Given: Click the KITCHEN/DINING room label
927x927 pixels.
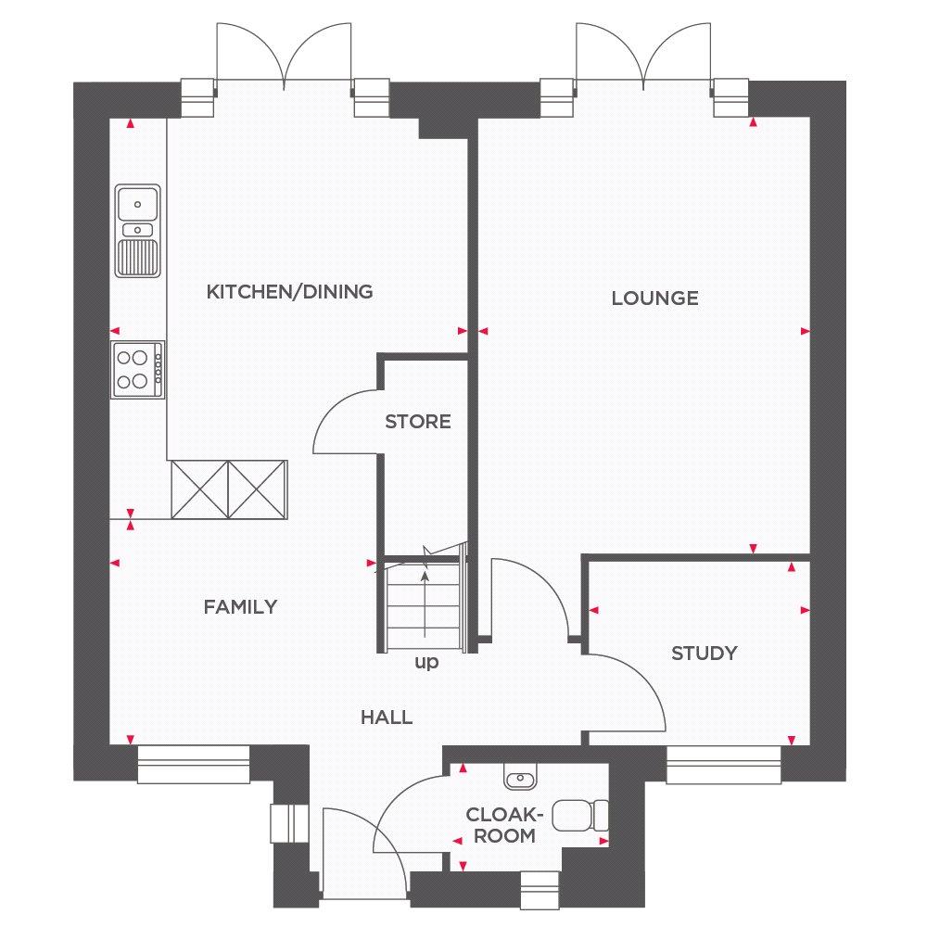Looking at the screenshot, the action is (x=289, y=291).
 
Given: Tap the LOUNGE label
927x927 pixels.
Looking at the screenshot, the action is (x=655, y=298).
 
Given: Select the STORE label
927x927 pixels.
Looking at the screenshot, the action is (x=418, y=422).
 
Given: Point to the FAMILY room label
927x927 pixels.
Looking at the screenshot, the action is (x=241, y=606).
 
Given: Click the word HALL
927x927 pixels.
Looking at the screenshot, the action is (x=387, y=717).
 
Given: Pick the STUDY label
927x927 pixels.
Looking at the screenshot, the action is (x=705, y=654).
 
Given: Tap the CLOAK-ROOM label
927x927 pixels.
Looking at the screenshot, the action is (x=504, y=825).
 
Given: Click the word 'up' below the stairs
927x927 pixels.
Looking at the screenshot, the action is (x=426, y=663).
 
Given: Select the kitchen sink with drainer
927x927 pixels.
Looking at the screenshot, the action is (x=138, y=231).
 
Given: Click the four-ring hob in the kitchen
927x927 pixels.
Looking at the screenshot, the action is (x=138, y=370).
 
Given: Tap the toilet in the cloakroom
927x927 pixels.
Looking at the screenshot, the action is (x=580, y=815).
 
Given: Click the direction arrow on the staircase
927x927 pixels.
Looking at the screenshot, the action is (x=425, y=604).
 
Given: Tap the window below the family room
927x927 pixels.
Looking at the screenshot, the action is (x=194, y=764).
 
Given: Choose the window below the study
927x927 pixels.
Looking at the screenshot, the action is (x=724, y=764).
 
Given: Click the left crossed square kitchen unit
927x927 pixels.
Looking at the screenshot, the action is (x=200, y=490).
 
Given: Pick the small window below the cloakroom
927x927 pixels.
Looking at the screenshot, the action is (x=540, y=890).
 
